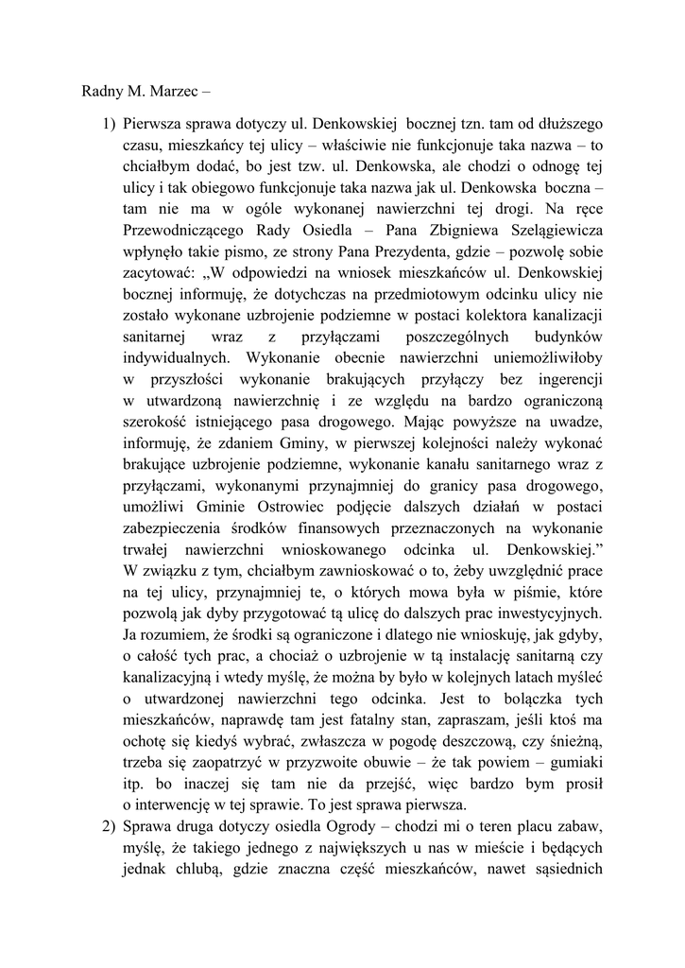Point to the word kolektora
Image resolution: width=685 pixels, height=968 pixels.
point(471,316)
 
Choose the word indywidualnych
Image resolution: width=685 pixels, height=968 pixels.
point(175,358)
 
